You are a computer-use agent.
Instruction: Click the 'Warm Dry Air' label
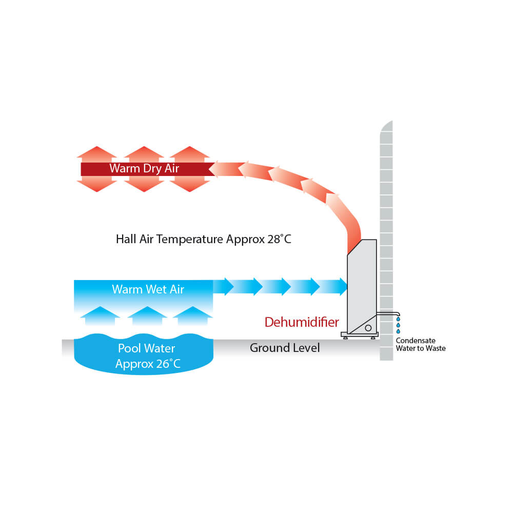coord(144,169)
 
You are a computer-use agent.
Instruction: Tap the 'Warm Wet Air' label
coord(148,289)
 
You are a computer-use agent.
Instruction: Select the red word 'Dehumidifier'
coord(302,322)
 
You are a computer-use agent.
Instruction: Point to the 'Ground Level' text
coord(285,348)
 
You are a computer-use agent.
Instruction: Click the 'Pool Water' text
coord(147,349)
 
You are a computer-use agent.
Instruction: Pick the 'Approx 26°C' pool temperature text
coord(148,364)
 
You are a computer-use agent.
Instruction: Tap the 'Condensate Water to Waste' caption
coord(421,344)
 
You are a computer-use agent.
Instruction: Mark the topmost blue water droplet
coord(398,319)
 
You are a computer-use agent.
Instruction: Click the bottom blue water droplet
coord(398,331)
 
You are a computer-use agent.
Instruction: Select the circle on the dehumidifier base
coord(368,328)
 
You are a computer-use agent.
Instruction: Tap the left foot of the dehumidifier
coord(346,338)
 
